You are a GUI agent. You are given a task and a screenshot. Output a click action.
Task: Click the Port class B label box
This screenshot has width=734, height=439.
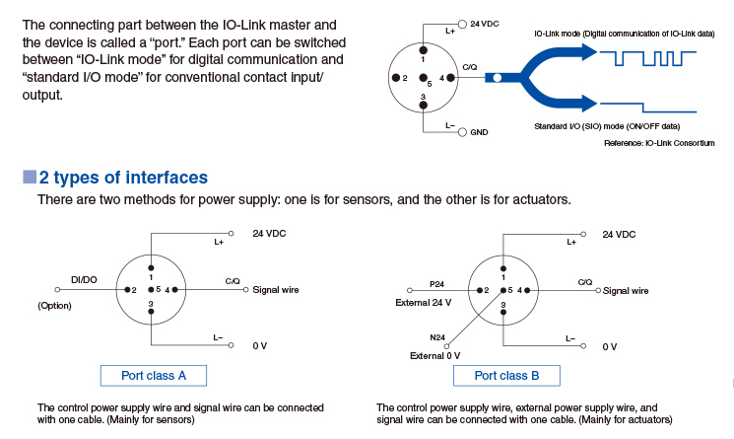505,375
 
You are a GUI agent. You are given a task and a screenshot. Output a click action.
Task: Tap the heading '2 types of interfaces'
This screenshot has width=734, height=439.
123,178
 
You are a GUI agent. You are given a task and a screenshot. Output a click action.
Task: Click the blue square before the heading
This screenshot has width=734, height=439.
29,178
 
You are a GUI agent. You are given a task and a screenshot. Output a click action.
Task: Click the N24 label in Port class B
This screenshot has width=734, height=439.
438,337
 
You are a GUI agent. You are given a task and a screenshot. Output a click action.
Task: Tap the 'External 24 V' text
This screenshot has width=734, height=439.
424,302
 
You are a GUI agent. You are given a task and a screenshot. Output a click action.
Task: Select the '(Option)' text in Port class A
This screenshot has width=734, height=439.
55,306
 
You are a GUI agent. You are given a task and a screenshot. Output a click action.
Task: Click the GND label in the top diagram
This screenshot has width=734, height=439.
480,131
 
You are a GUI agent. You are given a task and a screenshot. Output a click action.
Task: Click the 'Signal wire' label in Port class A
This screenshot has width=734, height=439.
276,290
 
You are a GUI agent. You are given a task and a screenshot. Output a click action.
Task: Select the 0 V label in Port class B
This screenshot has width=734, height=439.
609,346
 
